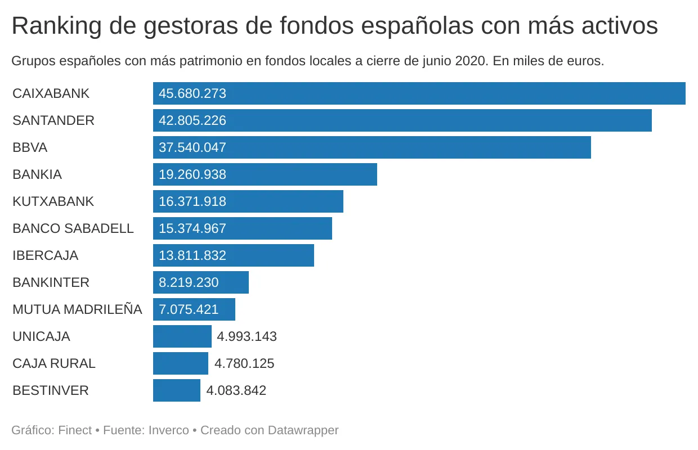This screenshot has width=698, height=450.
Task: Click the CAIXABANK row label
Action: click(51, 93)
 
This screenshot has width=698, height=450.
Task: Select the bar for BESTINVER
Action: click(177, 390)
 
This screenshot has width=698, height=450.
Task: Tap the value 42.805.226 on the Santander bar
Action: click(193, 120)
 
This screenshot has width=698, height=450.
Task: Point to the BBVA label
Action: click(30, 147)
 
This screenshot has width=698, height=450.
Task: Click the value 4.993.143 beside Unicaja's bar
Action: click(247, 336)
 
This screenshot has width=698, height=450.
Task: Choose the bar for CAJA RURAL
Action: click(181, 363)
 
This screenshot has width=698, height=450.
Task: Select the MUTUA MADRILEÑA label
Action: click(77, 309)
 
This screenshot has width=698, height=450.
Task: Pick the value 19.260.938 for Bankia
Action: click(193, 174)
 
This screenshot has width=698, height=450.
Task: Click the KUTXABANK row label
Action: click(53, 201)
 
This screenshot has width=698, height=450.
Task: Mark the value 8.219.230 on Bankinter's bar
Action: click(189, 282)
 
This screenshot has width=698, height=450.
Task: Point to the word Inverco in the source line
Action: click(169, 430)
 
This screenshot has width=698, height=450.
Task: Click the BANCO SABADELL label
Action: click(73, 228)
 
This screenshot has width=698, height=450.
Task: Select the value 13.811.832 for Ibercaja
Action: click(193, 255)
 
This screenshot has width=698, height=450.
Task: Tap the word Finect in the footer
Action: click(75, 430)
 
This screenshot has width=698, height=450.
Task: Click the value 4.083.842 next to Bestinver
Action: click(236, 390)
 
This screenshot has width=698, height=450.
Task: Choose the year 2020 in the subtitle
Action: click(469, 61)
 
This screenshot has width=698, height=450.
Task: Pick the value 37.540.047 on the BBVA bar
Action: click(193, 147)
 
